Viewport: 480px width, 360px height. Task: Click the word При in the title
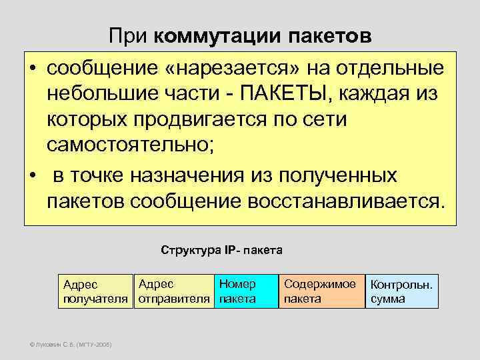coord(128,36)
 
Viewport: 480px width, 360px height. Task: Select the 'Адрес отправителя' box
coord(173,291)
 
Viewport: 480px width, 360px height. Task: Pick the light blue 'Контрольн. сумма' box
coord(403,292)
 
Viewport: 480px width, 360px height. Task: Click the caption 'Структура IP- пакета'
coord(222,251)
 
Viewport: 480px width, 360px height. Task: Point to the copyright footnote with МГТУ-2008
coord(67,345)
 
